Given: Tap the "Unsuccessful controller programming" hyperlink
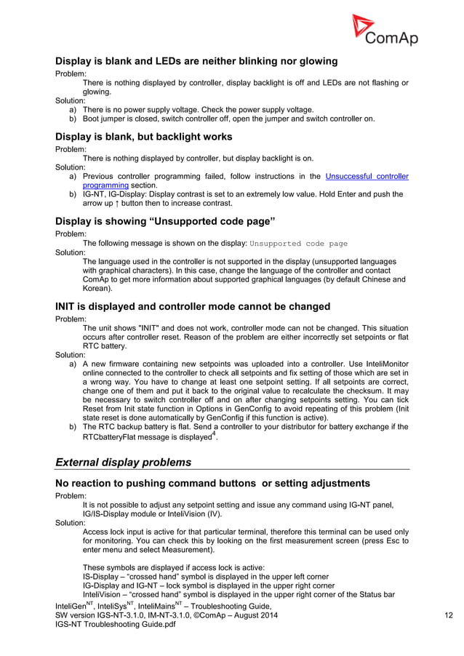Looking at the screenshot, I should pos(367,176).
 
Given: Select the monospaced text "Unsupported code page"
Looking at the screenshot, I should pos(298,244).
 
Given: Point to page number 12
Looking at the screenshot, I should pos(449,617).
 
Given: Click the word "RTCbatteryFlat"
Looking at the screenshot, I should pos(118,438).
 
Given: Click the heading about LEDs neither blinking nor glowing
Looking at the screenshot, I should pos(196,61).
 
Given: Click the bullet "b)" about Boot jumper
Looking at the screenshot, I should pos(73,119).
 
